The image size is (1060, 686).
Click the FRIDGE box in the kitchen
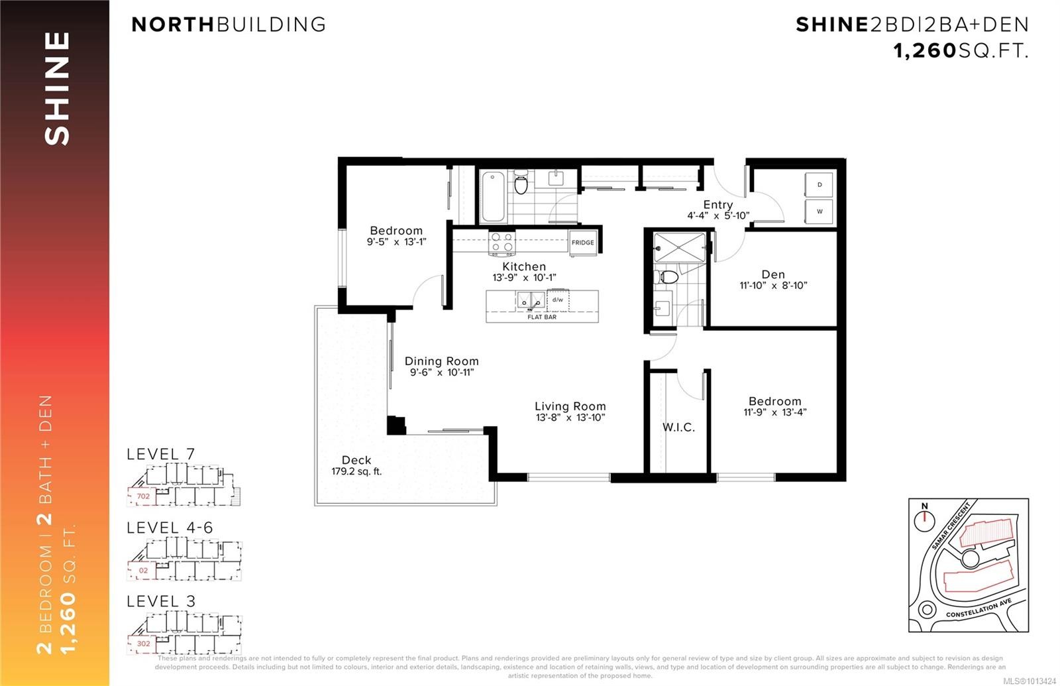(x=583, y=242)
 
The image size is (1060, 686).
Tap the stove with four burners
(x=502, y=242)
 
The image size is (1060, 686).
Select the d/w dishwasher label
(x=558, y=300)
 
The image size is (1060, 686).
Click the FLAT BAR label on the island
(x=541, y=317)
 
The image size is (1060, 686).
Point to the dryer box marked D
(x=820, y=185)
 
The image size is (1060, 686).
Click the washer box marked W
(x=820, y=211)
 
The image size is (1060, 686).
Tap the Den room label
(x=773, y=274)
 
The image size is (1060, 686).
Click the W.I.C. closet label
(x=678, y=428)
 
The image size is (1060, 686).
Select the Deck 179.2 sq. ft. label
(x=356, y=465)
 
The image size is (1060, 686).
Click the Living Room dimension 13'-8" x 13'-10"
(x=570, y=418)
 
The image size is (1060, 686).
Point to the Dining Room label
(x=441, y=361)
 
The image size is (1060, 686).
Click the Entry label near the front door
(x=718, y=205)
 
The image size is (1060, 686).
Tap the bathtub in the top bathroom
(x=493, y=197)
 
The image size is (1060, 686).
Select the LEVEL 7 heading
(x=160, y=454)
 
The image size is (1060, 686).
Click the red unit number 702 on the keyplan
(x=143, y=496)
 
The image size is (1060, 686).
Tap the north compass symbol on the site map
(x=924, y=518)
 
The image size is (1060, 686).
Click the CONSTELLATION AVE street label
(x=979, y=609)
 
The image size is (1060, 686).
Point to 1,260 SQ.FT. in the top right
(x=961, y=50)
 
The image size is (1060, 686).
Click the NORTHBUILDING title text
(x=229, y=25)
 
